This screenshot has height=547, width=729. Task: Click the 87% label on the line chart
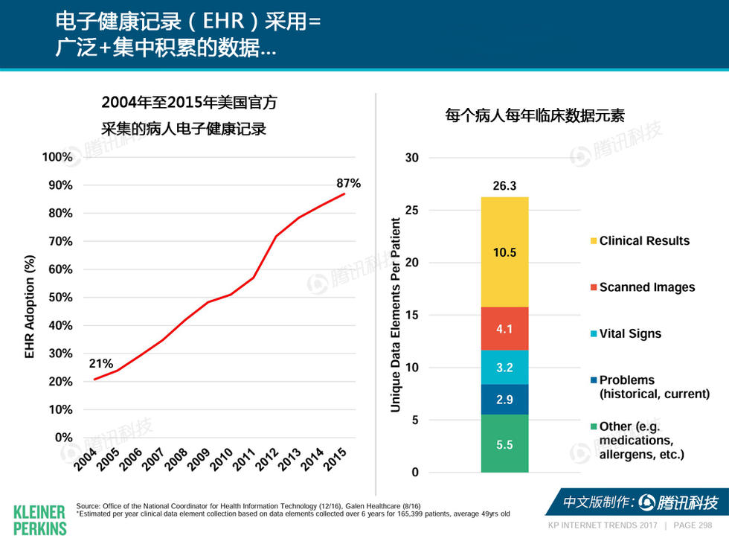[348, 183]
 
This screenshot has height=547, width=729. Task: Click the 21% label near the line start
[101, 364]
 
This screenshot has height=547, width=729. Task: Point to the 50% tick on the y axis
[57, 298]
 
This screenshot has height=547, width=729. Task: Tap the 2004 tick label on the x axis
[86, 459]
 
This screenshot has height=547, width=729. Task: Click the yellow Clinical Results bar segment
[504, 252]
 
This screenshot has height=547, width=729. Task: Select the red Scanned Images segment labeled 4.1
[504, 328]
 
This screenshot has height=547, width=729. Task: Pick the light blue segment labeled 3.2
[504, 367]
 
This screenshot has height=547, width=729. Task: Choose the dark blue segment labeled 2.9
[504, 400]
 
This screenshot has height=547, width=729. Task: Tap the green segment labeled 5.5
[504, 444]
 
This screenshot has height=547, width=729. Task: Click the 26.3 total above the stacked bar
[504, 186]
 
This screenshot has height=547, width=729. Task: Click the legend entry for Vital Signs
[630, 334]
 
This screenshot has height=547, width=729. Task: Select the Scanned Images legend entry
[646, 287]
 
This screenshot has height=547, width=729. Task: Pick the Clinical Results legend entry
[644, 241]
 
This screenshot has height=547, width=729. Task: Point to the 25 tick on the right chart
[412, 211]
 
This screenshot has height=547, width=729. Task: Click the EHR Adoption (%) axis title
[30, 307]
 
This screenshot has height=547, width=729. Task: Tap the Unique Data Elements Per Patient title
[395, 315]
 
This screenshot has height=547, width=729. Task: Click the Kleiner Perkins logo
[40, 519]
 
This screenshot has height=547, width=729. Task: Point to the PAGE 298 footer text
[693, 525]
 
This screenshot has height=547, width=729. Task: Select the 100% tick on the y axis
[57, 157]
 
